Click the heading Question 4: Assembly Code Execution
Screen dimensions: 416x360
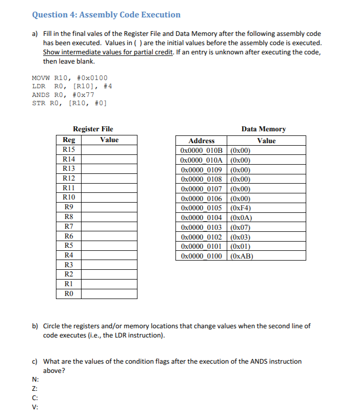click(106, 15)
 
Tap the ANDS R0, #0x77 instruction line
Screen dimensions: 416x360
click(63, 95)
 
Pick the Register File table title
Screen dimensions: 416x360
click(93, 129)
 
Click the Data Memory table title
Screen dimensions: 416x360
click(263, 129)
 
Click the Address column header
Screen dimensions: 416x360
click(202, 141)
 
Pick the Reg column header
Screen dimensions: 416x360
click(68, 140)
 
